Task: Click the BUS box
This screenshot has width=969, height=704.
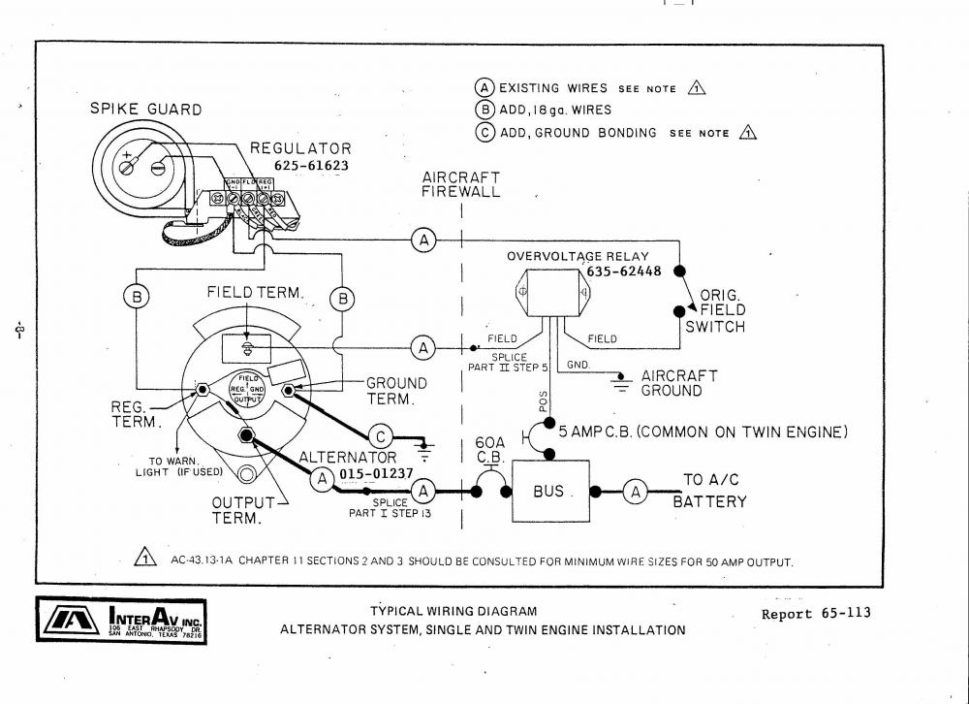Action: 549,491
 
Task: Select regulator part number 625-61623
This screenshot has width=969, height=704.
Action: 310,166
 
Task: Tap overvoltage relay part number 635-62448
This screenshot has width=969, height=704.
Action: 623,272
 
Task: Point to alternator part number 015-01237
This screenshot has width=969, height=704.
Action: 376,474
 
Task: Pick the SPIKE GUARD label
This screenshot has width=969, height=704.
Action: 146,110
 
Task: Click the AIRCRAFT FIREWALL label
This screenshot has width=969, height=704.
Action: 461,184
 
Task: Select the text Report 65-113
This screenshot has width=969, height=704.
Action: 816,613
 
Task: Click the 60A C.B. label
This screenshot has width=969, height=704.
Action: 490,450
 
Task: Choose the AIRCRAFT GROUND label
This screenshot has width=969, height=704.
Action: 678,383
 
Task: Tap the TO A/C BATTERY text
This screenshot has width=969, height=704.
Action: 714,491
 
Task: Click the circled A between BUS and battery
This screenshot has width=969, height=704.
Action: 636,492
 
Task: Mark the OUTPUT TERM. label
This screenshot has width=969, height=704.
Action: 237,510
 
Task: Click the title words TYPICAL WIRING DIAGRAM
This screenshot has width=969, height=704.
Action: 453,611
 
